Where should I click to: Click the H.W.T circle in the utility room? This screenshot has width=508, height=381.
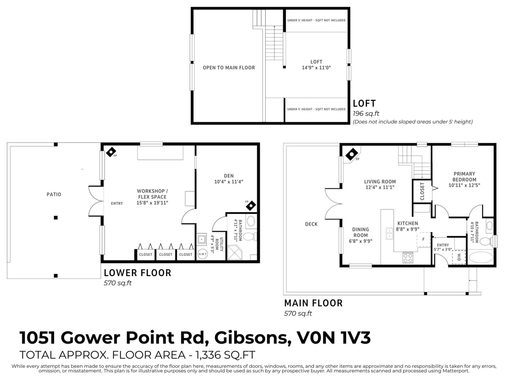point(202,254)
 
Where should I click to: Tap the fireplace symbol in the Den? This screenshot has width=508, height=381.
point(251,206)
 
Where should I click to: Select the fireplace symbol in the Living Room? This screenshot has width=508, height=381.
point(351,155)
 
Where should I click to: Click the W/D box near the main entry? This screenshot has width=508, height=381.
point(459,257)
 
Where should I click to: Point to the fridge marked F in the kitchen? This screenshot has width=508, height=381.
point(423,239)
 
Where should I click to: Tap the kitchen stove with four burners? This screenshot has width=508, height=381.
point(408,257)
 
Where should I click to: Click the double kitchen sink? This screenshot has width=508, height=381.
point(389,233)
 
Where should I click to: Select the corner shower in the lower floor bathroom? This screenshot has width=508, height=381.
point(235,253)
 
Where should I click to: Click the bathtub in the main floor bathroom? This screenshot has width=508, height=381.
point(480,257)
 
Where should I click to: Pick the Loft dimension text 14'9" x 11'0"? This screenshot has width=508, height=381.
point(316,67)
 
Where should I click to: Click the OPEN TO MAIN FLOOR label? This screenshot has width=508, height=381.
point(229,68)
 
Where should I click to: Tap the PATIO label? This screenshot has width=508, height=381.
point(54,194)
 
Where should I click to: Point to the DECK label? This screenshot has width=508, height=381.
point(311,224)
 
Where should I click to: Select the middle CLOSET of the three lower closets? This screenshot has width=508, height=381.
point(166,254)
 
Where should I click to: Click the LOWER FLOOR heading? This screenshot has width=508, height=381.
point(138,273)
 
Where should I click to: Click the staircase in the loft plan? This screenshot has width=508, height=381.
point(274,42)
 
